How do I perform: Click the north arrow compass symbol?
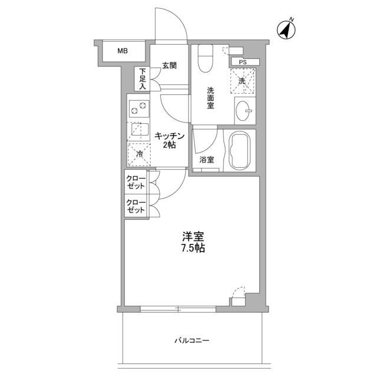click(287, 29)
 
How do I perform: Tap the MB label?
click(122, 51)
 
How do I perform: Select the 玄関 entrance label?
click(169, 66)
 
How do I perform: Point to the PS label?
click(243, 61)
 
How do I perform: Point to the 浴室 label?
click(206, 160)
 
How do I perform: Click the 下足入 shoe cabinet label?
click(143, 79)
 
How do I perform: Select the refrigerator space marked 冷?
click(138, 153)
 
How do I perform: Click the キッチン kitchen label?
click(170, 136)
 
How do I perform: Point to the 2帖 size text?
click(170, 145)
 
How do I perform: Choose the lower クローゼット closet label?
click(136, 206)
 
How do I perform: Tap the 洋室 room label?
click(193, 237)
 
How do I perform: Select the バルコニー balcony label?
click(192, 340)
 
